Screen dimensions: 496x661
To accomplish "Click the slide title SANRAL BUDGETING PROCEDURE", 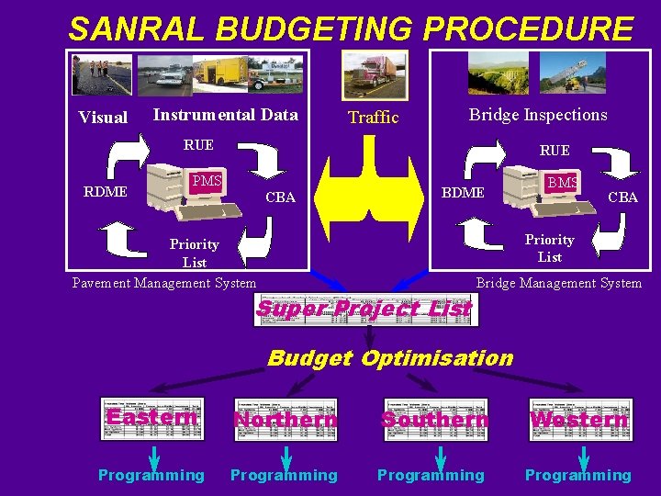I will pos(351,29).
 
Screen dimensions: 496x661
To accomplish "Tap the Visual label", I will pos(103,118).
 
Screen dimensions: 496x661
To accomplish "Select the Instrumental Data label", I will pos(225,115).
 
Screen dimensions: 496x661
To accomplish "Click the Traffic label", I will pos(374,118).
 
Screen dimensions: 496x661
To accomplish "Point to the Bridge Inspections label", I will pos(538,115).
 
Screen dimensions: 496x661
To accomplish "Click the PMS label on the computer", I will pos(207,181).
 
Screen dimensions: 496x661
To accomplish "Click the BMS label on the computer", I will pos(562,183).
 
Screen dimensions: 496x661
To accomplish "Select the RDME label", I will pos(106,192).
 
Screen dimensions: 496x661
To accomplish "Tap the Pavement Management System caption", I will pos(164,283).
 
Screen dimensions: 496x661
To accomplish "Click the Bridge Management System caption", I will pos(558,283).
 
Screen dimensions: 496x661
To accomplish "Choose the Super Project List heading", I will pos(364,310).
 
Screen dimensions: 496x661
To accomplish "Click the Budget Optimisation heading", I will pos(390,358).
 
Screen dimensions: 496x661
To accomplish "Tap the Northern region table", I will pos(286,419).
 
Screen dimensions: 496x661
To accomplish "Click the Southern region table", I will pos(435,419).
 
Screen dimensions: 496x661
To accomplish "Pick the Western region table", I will pos(579,419).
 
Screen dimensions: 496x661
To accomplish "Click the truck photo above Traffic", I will pos(374,74).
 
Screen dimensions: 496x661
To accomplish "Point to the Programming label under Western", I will pos(577,475).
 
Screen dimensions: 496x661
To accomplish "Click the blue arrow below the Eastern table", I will pos(154,456).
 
